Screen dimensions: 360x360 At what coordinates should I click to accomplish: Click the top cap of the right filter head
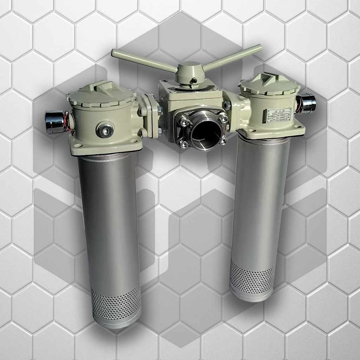(x=269, y=83)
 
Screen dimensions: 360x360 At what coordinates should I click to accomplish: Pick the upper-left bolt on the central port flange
(x=184, y=122)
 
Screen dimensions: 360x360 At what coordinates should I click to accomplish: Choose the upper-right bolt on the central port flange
(x=224, y=118)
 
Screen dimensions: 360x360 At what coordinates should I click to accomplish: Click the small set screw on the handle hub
(x=193, y=81)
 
